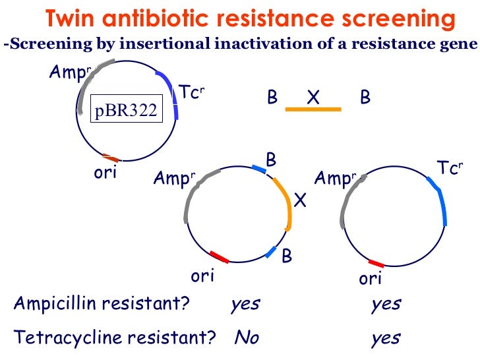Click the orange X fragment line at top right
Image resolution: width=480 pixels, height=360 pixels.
tap(313, 109)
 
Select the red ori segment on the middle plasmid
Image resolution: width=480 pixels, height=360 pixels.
tap(219, 256)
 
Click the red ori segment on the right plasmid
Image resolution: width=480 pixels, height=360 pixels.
tap(376, 263)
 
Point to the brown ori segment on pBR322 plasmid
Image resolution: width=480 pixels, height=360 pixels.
tap(111, 158)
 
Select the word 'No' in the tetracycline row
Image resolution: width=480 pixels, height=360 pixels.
tap(247, 338)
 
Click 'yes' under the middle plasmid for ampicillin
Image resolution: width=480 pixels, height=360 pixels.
tap(245, 305)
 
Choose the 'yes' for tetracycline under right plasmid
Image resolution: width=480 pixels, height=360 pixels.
tap(386, 338)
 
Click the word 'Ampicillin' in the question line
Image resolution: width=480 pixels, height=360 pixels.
tap(55, 304)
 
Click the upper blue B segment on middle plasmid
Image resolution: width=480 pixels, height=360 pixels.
tap(260, 170)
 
